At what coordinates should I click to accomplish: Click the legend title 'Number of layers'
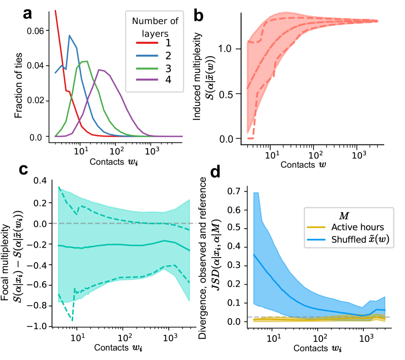[x=154, y=27]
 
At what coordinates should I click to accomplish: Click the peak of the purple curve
[x=99, y=69]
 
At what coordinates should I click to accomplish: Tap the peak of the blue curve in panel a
[x=69, y=35]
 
